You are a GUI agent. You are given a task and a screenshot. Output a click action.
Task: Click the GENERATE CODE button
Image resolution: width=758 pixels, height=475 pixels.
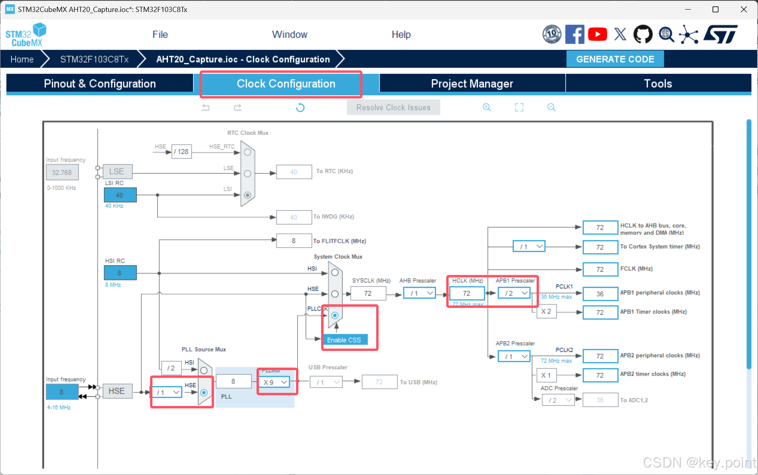[615, 59]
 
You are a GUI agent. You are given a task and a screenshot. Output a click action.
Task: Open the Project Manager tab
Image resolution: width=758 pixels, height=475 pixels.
[472, 83]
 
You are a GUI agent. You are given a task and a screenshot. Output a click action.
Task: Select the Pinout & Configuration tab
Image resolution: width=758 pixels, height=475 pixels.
[100, 83]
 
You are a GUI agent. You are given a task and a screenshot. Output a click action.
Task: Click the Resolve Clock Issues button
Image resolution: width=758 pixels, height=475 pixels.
[393, 107]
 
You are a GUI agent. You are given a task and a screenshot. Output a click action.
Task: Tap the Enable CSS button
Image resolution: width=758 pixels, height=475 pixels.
[344, 340]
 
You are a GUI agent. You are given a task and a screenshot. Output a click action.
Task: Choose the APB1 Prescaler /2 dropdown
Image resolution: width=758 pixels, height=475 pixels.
[514, 293]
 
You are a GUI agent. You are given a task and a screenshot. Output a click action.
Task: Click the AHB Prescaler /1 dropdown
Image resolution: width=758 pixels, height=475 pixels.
[419, 293]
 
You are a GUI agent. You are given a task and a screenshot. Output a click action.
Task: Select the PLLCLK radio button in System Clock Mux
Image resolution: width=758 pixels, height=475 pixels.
[335, 315]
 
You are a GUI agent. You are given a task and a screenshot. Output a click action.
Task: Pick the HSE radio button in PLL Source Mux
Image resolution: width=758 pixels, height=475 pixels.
[204, 392]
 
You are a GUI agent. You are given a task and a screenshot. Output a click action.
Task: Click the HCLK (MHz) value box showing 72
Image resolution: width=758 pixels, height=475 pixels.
[466, 293]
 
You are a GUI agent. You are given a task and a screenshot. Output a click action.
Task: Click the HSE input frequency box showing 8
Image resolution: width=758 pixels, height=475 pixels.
[61, 392]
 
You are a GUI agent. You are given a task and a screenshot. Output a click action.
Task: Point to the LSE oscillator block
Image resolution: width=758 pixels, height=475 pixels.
[117, 171]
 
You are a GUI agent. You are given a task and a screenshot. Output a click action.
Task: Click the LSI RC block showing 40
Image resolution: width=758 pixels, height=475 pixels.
[120, 195]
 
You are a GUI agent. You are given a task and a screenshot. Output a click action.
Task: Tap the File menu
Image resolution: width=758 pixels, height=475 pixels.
[160, 35]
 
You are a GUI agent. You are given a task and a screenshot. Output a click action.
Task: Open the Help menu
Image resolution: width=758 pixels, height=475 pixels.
[401, 35]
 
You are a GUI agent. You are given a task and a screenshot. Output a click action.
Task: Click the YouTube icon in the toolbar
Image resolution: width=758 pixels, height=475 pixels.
[597, 34]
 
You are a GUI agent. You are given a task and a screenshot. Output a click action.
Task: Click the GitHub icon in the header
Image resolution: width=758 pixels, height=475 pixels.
[643, 34]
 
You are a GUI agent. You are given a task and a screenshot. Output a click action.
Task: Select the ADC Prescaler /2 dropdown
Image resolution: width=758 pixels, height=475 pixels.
[558, 400]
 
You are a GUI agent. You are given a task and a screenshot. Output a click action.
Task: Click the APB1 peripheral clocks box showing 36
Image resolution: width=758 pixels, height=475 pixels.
[600, 294]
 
